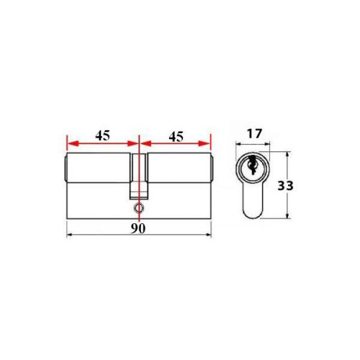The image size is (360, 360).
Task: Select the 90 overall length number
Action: click(x=138, y=228)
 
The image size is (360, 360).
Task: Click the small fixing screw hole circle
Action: click(x=138, y=207)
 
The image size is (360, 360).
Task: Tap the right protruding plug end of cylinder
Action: click(x=213, y=169)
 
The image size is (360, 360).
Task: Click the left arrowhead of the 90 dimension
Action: click(x=68, y=235)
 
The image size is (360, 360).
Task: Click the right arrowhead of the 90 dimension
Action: click(x=208, y=235)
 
